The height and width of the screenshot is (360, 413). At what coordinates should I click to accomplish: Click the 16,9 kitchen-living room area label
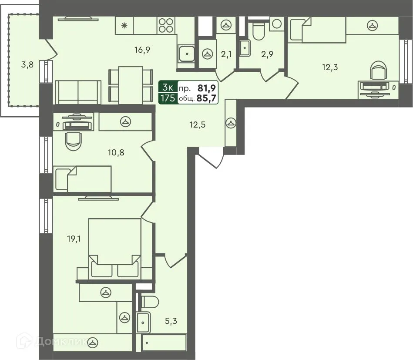coord(142,50)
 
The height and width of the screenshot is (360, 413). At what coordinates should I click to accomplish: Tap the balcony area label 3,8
coord(27,65)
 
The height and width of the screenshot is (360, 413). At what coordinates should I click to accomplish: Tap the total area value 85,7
coord(207,98)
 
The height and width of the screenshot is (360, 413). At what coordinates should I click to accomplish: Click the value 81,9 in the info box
coord(207,87)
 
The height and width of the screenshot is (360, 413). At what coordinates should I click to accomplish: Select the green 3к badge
coord(168,87)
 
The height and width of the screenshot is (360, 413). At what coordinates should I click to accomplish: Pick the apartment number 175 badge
coord(168,98)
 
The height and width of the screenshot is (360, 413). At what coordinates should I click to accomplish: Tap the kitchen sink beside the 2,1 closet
coord(187,54)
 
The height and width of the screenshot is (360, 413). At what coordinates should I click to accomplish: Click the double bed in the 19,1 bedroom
coord(114,248)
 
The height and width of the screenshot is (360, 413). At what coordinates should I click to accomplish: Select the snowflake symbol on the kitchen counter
coord(124,26)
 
